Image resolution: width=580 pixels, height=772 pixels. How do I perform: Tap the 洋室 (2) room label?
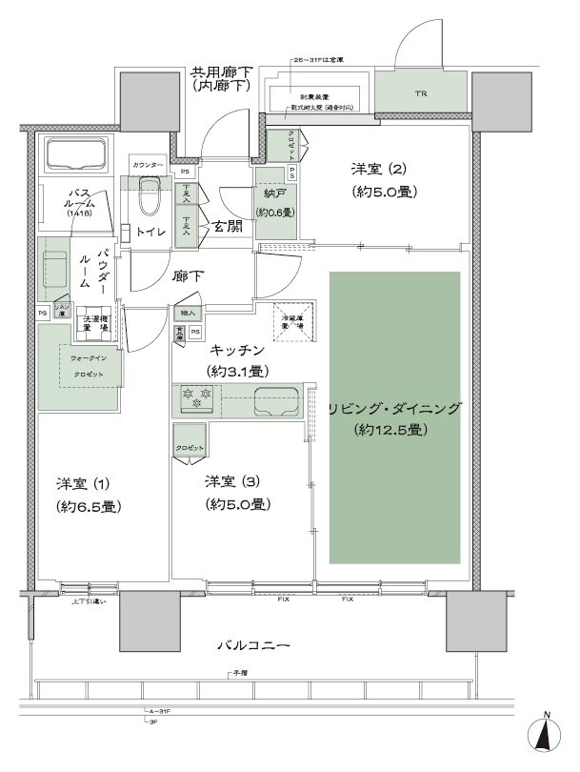[x=378, y=170]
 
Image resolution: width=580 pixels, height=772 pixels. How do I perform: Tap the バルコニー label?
[x=252, y=645]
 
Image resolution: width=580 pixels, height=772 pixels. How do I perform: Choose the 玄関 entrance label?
[x=227, y=226]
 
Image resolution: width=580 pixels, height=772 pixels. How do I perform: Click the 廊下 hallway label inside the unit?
[x=186, y=276]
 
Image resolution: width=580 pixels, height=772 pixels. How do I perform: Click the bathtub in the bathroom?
[x=76, y=154]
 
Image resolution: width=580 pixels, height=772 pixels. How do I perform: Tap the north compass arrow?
[x=545, y=737]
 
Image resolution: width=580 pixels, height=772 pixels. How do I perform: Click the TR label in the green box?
[x=420, y=94]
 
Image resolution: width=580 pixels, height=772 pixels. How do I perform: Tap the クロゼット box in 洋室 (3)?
[x=190, y=448]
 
